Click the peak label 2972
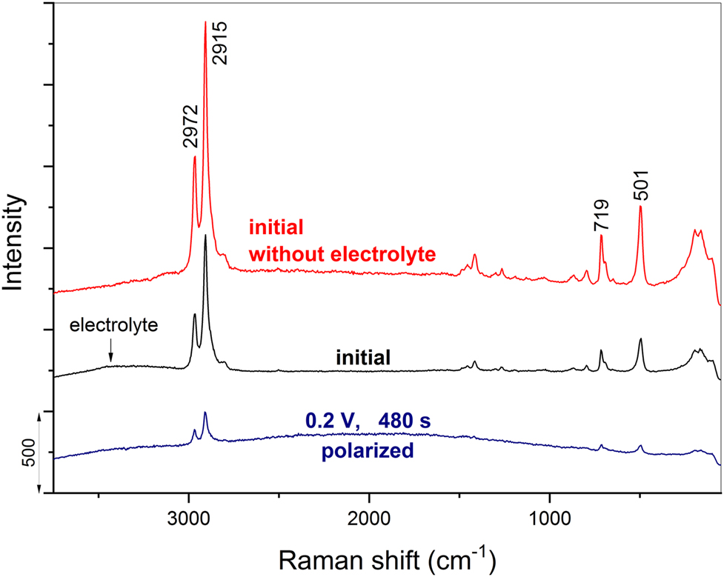190,126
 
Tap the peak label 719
601,216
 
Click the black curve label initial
363,358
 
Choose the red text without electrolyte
342,255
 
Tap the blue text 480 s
404,421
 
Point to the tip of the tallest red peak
205,22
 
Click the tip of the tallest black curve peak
205,235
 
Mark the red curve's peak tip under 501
640,207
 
